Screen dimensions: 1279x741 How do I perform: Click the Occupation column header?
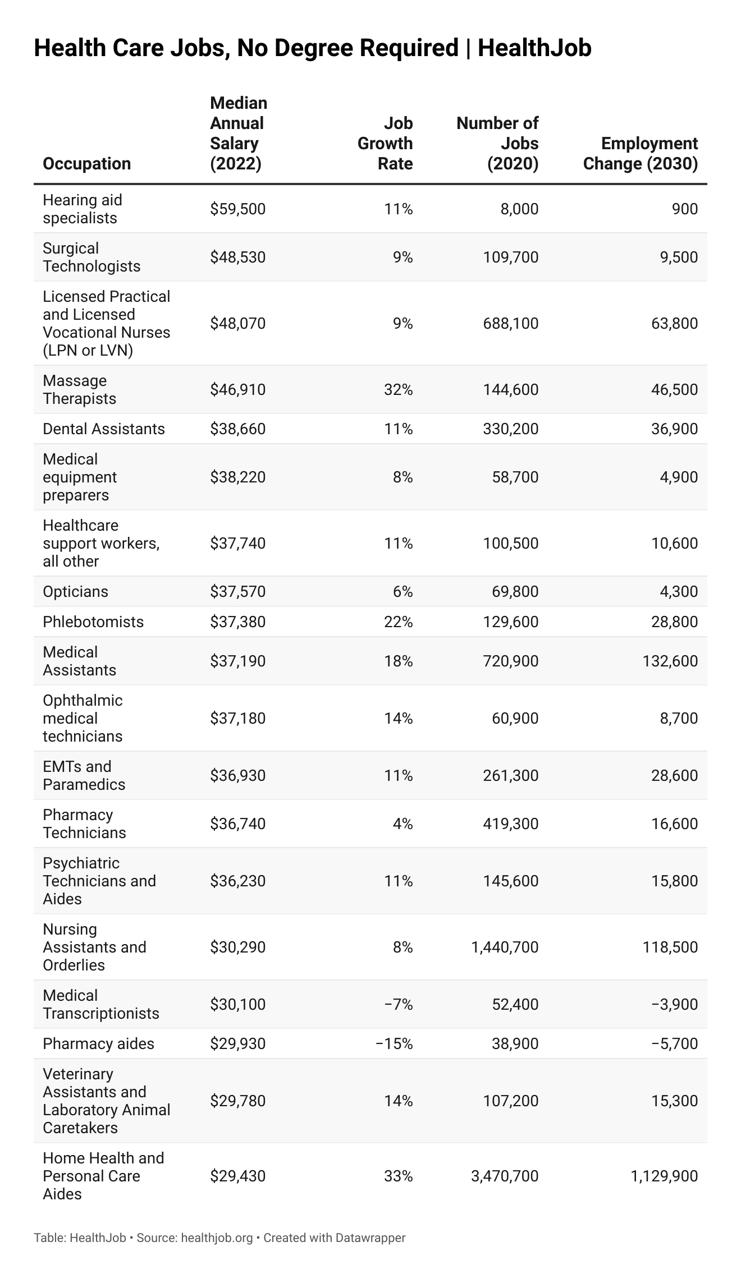click(x=86, y=163)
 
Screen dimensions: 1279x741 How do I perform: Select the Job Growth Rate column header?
click(x=385, y=144)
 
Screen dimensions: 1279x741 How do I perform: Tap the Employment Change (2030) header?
click(x=641, y=154)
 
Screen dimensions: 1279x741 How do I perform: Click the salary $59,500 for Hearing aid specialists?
click(x=237, y=209)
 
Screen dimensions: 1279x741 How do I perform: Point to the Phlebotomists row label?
click(x=93, y=622)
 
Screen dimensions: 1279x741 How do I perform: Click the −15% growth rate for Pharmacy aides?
click(x=394, y=1043)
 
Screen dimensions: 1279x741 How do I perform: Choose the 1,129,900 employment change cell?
click(x=664, y=1176)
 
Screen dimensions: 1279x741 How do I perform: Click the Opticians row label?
click(x=75, y=591)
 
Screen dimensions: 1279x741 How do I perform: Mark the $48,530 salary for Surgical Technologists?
click(x=237, y=257)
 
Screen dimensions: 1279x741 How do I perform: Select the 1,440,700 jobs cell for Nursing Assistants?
click(x=505, y=947)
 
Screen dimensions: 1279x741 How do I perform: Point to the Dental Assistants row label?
click(x=104, y=429)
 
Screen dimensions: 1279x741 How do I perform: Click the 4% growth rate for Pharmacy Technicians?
click(x=402, y=823)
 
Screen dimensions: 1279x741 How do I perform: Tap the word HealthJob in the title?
click(x=534, y=48)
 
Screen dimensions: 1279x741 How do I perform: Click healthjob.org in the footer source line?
click(x=217, y=1237)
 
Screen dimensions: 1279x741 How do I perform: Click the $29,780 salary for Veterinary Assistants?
click(x=237, y=1101)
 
